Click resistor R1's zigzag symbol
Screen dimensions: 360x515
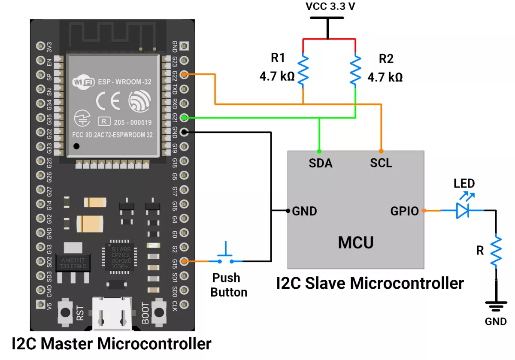(303, 70)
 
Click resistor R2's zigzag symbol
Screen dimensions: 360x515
(355, 70)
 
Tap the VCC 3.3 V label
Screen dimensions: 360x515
(327, 7)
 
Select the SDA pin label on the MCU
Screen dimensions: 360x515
(321, 163)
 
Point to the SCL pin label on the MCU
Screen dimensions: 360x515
(381, 163)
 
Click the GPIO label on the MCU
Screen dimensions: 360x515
(404, 211)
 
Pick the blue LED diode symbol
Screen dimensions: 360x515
(463, 210)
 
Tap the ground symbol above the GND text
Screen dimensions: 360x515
(496, 306)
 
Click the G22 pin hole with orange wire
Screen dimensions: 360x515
(184, 75)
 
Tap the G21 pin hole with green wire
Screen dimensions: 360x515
(184, 117)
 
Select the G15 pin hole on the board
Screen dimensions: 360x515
(184, 261)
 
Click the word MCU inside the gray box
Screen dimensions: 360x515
(355, 243)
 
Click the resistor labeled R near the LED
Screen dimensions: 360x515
(496, 251)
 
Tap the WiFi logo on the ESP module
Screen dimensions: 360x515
(84, 82)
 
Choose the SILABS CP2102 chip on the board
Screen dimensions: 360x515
(121, 257)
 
